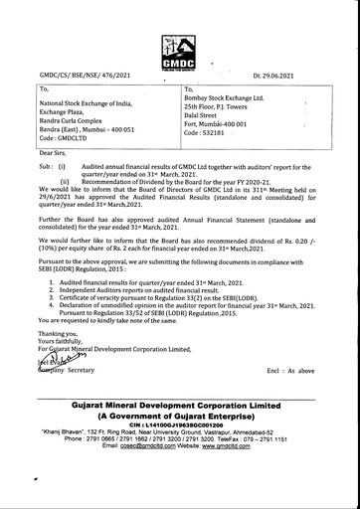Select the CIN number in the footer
click(179, 422)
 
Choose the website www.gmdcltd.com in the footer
click(249, 448)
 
